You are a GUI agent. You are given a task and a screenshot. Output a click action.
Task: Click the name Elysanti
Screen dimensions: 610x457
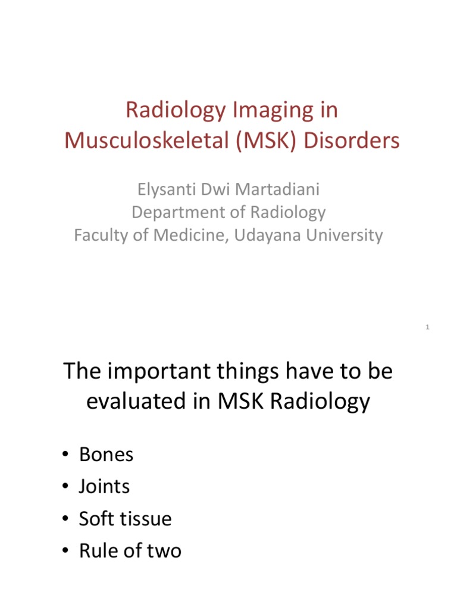tap(162, 190)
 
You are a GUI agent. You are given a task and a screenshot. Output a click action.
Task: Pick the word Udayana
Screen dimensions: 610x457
tap(266, 235)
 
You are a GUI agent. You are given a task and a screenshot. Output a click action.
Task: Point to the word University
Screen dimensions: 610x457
tap(345, 235)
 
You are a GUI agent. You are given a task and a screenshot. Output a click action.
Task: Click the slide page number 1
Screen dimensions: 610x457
tap(428, 327)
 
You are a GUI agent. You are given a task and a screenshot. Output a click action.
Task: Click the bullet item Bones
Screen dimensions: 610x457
tap(106, 455)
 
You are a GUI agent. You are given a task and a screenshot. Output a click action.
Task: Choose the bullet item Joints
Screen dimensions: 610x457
tap(104, 487)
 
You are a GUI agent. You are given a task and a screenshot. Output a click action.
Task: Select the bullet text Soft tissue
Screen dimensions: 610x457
tap(125, 519)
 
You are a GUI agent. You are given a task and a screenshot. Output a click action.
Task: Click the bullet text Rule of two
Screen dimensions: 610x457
tap(130, 551)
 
